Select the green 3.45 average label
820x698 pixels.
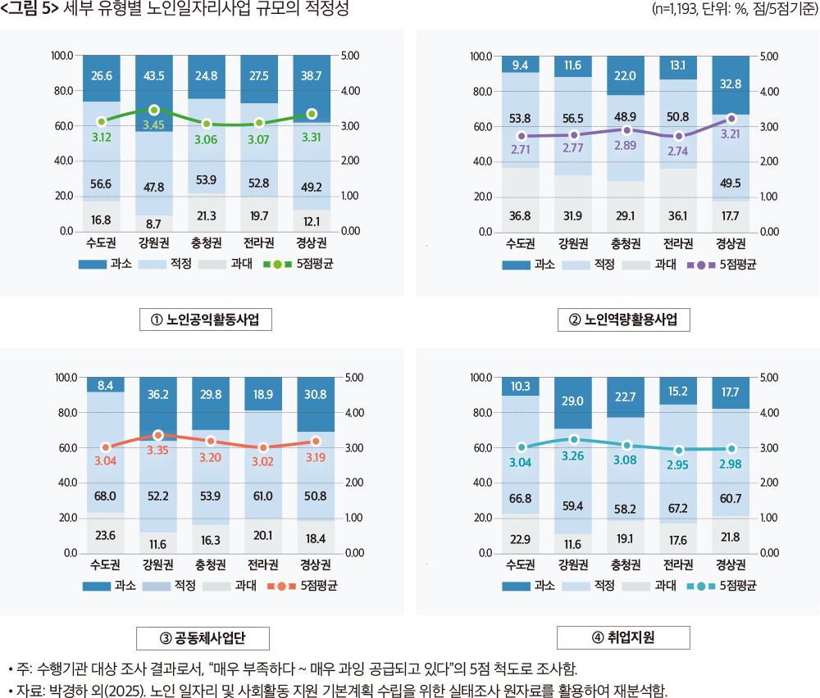point(153,125)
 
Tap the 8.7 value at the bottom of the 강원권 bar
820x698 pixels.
point(153,222)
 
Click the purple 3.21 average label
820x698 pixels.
point(731,134)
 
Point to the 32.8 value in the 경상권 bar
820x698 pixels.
point(731,84)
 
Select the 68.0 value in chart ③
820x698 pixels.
point(106,495)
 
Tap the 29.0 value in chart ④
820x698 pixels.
point(573,401)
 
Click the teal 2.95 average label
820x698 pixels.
point(678,465)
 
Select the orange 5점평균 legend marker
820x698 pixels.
point(281,586)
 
